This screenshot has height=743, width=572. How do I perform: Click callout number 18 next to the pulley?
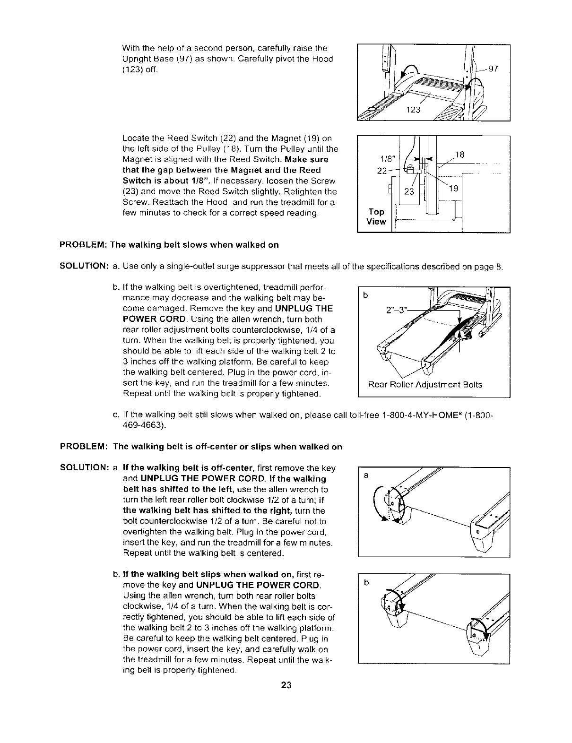click(459, 154)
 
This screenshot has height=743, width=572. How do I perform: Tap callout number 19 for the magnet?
click(453, 188)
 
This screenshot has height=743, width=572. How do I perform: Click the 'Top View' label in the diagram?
click(376, 216)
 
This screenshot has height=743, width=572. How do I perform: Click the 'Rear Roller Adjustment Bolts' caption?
click(425, 384)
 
